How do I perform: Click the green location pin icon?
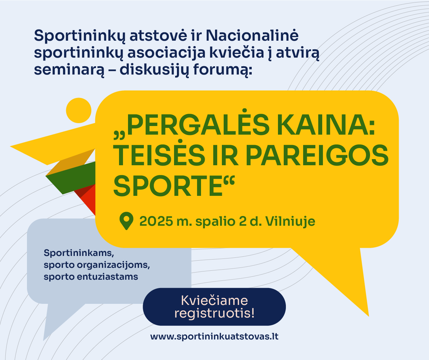click(x=127, y=221)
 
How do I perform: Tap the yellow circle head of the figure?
click(x=78, y=111)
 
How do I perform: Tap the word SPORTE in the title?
click(x=168, y=185)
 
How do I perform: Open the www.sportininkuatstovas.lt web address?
click(x=214, y=336)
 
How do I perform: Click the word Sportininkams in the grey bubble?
click(x=79, y=253)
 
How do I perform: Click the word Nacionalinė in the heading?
click(x=252, y=36)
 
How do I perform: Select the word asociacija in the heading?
click(x=166, y=53)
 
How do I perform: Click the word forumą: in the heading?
click(x=223, y=70)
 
